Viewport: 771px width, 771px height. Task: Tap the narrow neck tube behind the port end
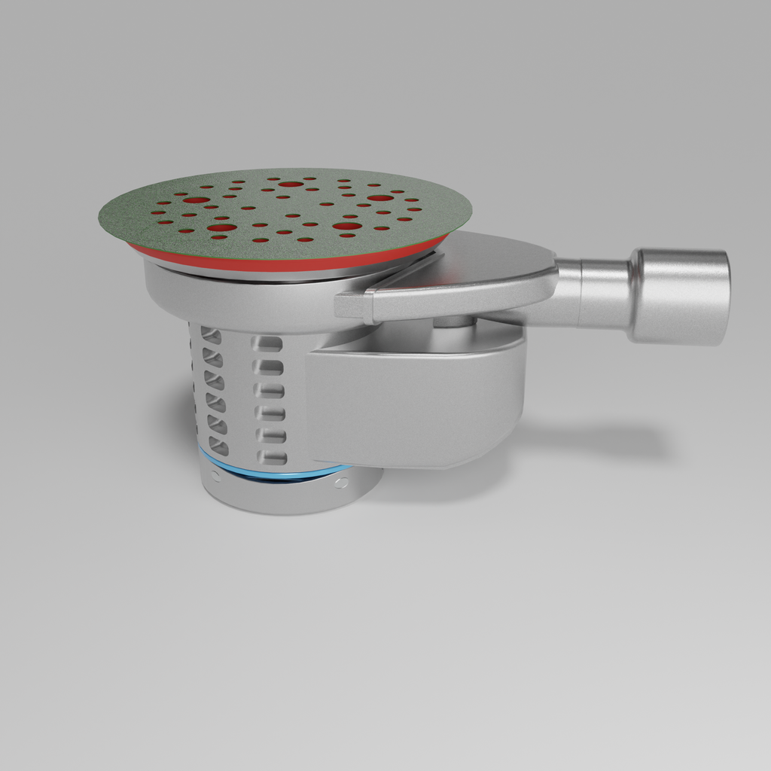point(602,293)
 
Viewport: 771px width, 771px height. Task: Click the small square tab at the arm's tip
point(349,305)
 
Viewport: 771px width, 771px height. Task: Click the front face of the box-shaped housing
point(407,407)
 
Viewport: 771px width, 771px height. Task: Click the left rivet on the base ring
point(216,476)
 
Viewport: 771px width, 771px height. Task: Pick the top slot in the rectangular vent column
point(268,344)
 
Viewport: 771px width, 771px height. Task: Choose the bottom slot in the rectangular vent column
point(270,457)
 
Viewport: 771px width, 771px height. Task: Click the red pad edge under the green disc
point(286,261)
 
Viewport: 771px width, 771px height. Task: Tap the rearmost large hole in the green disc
point(291,184)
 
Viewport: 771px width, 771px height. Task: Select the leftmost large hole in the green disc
point(197,200)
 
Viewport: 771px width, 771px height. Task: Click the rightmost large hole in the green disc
point(380,198)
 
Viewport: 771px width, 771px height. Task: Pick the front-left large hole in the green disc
point(222,227)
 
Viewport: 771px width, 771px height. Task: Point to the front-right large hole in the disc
point(346,226)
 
